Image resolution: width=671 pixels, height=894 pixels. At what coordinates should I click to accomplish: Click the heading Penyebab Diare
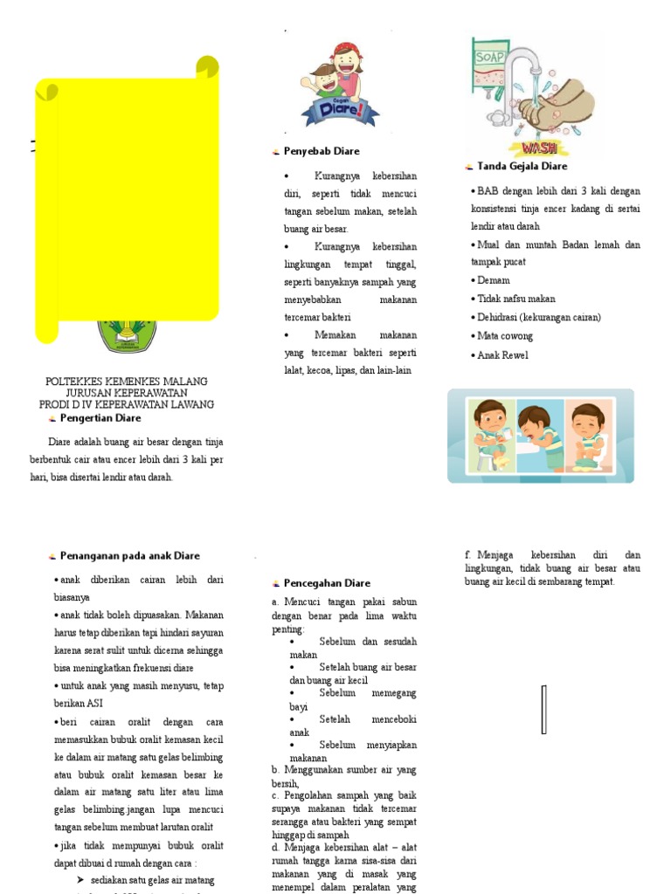[321, 151]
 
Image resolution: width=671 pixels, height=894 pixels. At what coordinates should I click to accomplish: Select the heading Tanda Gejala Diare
[522, 166]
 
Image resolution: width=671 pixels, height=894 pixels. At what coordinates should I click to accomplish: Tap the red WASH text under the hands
[539, 148]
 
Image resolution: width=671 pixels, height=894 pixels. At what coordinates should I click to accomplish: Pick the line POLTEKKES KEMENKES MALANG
[127, 382]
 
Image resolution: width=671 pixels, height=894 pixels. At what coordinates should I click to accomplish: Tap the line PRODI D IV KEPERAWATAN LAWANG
[127, 405]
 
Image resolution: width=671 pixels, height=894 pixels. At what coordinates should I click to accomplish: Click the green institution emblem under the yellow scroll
[125, 336]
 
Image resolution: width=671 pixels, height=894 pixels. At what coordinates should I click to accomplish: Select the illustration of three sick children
[541, 436]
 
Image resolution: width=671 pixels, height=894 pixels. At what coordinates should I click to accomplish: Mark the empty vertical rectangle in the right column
[544, 709]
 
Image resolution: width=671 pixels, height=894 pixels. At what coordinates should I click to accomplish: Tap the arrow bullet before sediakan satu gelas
[80, 879]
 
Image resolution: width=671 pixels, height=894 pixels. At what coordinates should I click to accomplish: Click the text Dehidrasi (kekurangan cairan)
[538, 317]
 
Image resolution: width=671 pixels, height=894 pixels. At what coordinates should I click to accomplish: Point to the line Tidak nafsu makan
[516, 299]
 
